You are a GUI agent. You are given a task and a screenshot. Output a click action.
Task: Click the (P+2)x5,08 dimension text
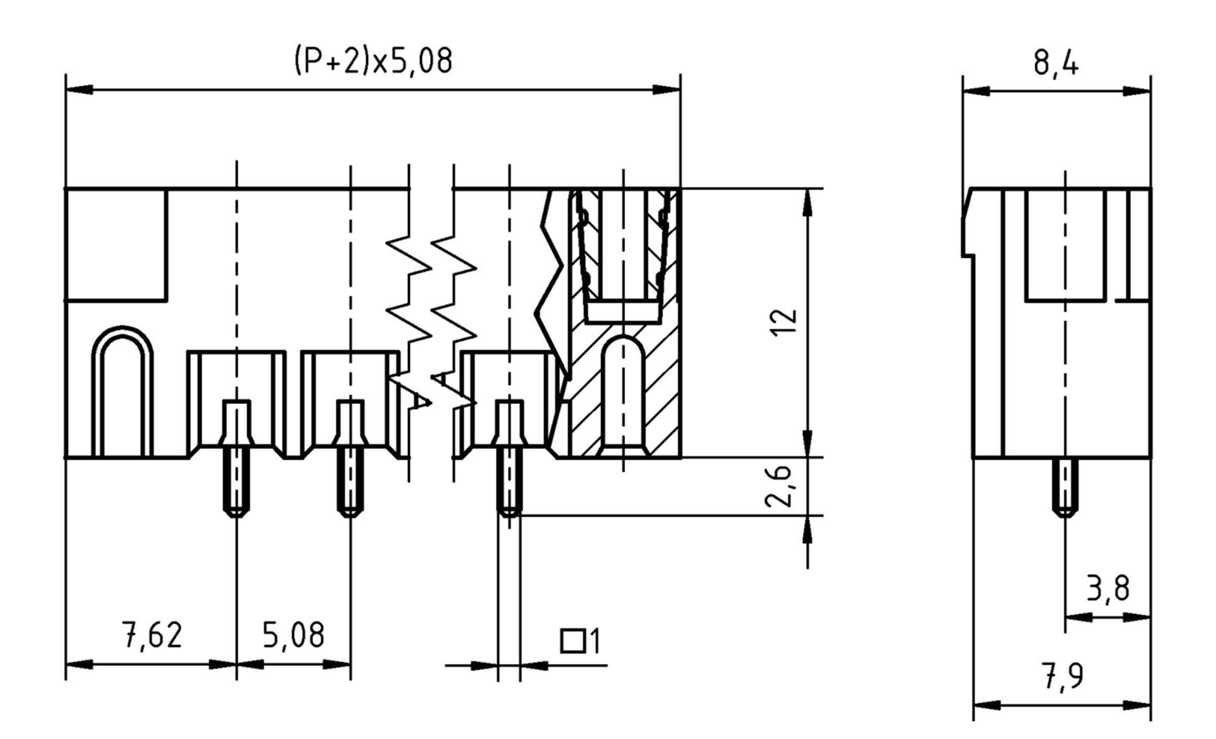pyautogui.click(x=373, y=61)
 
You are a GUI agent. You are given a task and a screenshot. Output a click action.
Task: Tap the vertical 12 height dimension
pyautogui.click(x=783, y=323)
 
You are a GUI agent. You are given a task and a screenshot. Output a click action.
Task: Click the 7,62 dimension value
pyautogui.click(x=151, y=636)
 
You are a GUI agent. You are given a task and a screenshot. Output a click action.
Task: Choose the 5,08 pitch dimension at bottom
pyautogui.click(x=293, y=636)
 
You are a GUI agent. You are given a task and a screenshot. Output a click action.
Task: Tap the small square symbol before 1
pyautogui.click(x=573, y=641)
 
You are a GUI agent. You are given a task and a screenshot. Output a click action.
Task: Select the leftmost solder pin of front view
pyautogui.click(x=237, y=484)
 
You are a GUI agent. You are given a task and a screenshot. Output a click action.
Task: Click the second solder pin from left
pyautogui.click(x=351, y=484)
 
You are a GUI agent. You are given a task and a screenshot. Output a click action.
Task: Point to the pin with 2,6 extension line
pyautogui.click(x=509, y=484)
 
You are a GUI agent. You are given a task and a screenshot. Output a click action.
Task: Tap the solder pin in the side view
pyautogui.click(x=1065, y=486)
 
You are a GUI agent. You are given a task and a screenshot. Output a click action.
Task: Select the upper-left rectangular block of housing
pyautogui.click(x=117, y=245)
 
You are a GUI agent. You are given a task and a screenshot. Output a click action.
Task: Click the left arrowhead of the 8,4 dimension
pyautogui.click(x=975, y=92)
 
